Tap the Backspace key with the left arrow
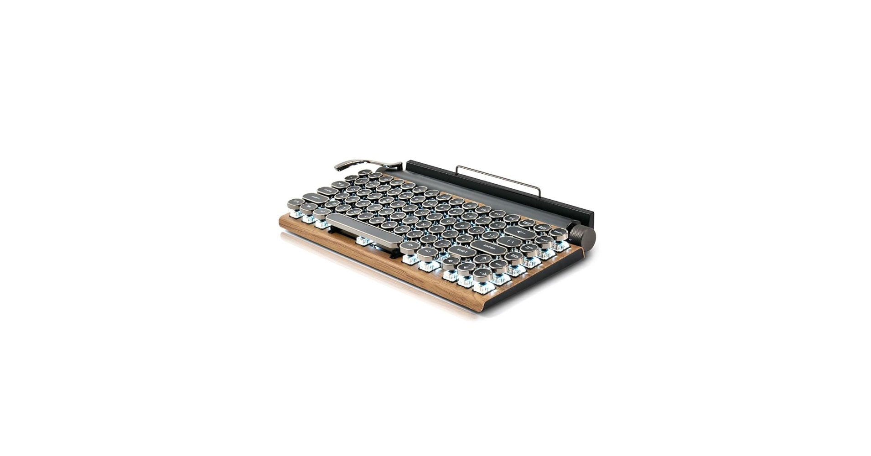pyautogui.click(x=519, y=233)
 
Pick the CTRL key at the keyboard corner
pyautogui.click(x=296, y=202)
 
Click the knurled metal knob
pyautogui.click(x=582, y=236)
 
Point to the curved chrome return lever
pyautogui.click(x=360, y=164)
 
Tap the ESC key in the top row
pyautogui.click(x=364, y=173)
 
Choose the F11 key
pyautogui.click(x=512, y=218)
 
